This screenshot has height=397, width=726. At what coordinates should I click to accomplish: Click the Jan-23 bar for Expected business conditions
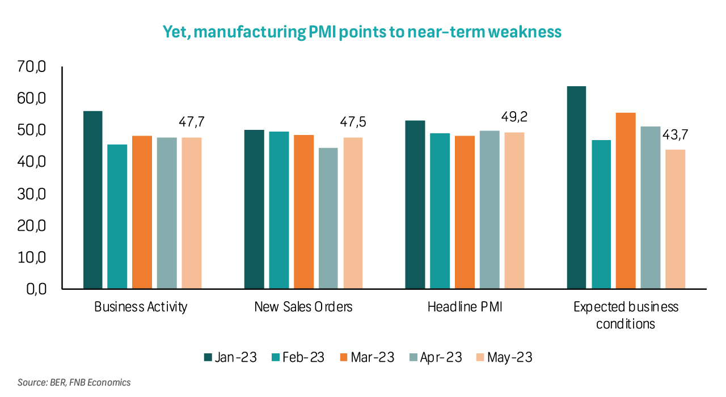(x=577, y=188)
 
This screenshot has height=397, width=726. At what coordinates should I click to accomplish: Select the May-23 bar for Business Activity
(x=192, y=213)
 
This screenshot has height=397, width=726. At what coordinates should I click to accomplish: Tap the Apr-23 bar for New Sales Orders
(x=328, y=218)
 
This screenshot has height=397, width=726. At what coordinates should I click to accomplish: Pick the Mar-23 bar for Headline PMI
(x=465, y=212)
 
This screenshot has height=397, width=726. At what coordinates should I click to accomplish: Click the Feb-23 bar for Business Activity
(x=117, y=217)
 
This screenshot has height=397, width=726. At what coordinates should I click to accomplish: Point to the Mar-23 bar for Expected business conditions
(x=626, y=201)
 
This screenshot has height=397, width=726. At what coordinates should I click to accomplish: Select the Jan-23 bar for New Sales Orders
(x=254, y=209)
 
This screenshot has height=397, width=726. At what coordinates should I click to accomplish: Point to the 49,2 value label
(x=514, y=117)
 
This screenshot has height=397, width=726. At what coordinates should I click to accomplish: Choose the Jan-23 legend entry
(x=231, y=357)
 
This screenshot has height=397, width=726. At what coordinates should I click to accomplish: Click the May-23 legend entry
(x=504, y=357)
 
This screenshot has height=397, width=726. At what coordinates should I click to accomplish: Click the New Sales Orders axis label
(x=303, y=307)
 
